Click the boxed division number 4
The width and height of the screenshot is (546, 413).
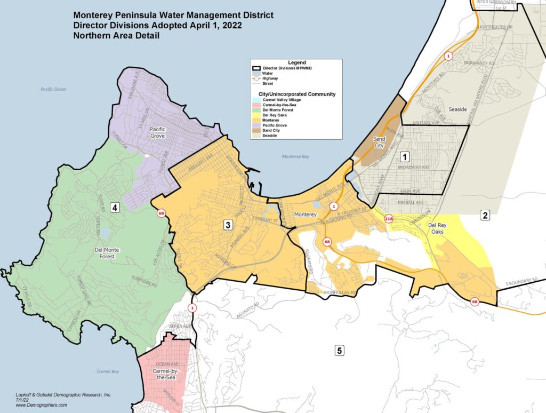115,208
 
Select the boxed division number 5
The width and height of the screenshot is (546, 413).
339,351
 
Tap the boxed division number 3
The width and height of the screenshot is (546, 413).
228,225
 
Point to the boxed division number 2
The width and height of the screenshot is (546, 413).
485,215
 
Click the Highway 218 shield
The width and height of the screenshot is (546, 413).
388,218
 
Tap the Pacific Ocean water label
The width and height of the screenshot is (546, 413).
54,89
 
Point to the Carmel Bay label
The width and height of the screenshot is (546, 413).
108,371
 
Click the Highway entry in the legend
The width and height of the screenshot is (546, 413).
270,78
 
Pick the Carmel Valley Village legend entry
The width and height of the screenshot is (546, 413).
278,100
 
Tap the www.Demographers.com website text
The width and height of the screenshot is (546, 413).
42,406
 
